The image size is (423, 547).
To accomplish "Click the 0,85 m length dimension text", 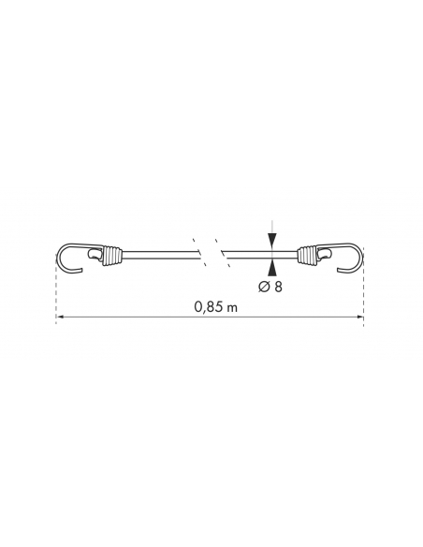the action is [215, 307].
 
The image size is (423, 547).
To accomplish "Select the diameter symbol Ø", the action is [263, 287].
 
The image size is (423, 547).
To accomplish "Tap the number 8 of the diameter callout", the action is [278, 287].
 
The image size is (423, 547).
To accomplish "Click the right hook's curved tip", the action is [340, 270].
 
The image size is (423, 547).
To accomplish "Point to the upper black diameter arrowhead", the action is [271, 241].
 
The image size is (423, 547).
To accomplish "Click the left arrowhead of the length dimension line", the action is [60, 317].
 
